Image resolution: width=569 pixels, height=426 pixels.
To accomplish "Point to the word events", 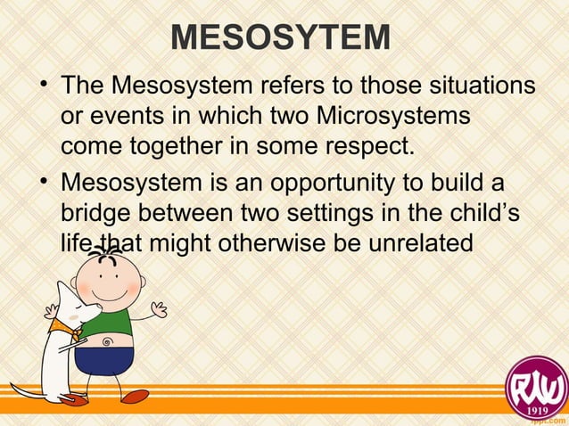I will (128, 116).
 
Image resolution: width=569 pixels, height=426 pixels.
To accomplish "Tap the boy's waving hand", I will (159, 309).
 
